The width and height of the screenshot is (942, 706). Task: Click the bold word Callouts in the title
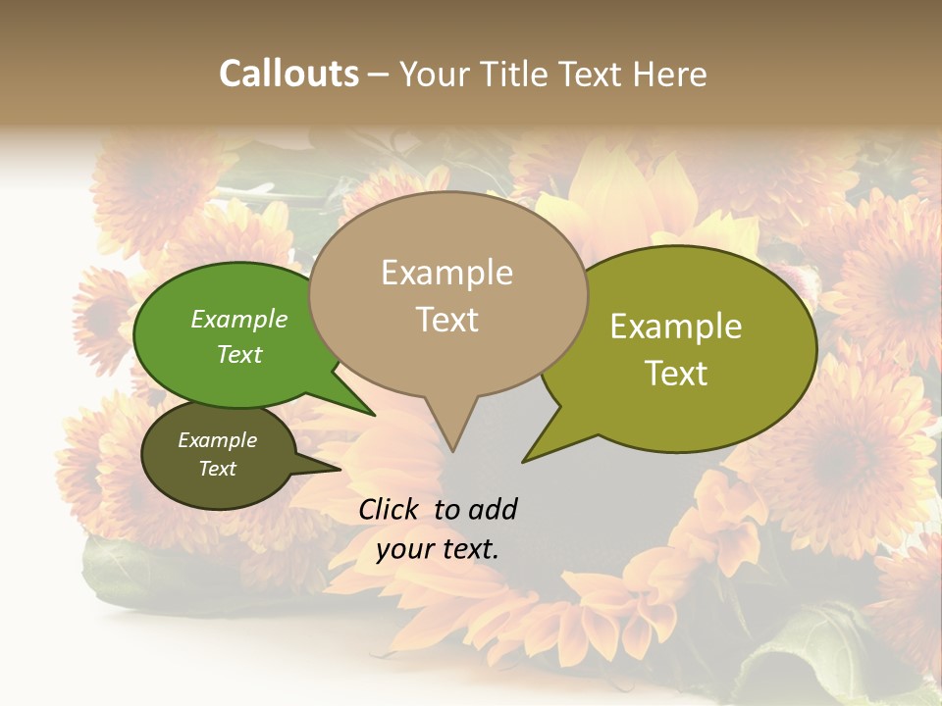288,74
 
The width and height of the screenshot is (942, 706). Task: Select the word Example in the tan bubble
446,273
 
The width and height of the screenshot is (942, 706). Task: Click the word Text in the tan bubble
446,320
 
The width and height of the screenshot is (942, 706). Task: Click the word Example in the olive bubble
676,327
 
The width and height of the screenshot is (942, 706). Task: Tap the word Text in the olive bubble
676,374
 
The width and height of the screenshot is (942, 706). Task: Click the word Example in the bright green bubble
238,319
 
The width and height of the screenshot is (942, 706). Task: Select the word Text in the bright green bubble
238,354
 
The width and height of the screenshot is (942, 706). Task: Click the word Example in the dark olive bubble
217,440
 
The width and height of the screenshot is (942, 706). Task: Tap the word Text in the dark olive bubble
217,469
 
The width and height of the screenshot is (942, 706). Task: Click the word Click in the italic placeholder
390,509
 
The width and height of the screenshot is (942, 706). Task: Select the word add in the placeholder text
492,509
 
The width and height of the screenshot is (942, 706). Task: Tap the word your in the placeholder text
403,549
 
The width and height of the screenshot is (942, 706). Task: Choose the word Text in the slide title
590,74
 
